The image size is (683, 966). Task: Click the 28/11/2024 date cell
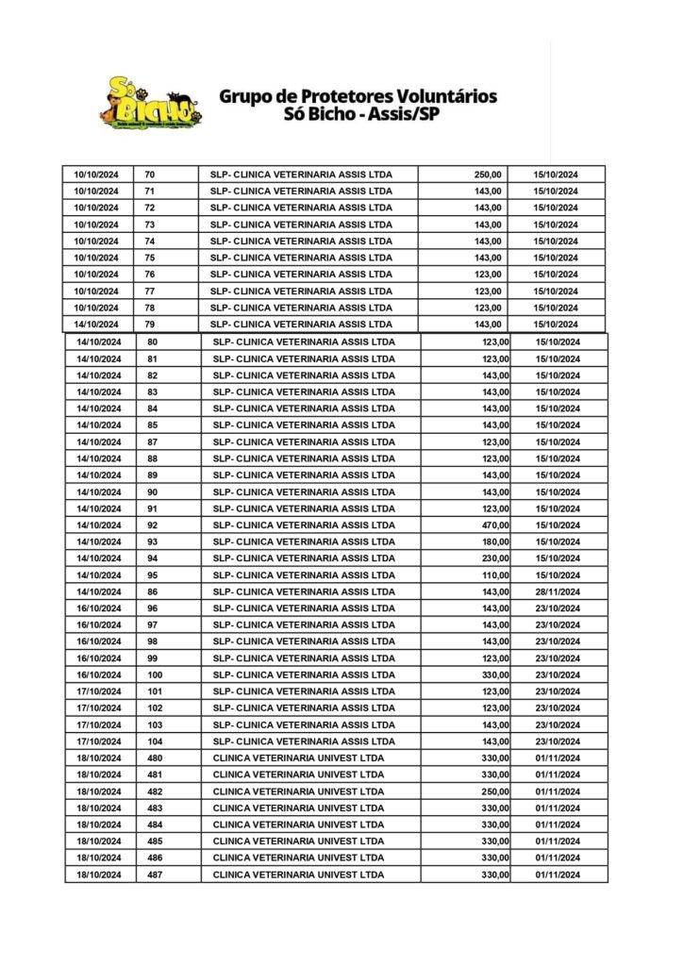pyautogui.click(x=557, y=591)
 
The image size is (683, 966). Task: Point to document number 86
pyautogui.click(x=153, y=591)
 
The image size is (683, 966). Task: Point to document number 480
pyautogui.click(x=156, y=758)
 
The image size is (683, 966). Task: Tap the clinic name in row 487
pyautogui.click(x=299, y=875)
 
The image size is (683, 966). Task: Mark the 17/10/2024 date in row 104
pyautogui.click(x=99, y=741)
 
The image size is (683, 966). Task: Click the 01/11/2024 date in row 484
pyautogui.click(x=557, y=825)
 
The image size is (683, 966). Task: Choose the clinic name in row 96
pyautogui.click(x=304, y=608)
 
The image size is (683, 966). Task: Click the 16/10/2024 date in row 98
pyautogui.click(x=99, y=641)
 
